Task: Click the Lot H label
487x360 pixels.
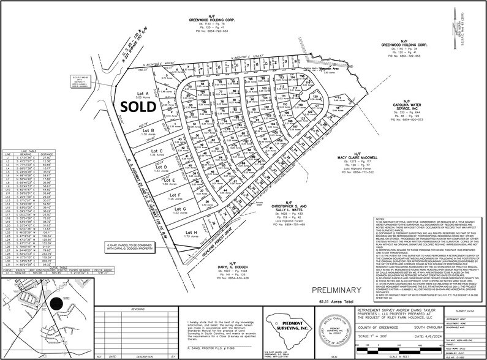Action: point(191,233)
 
